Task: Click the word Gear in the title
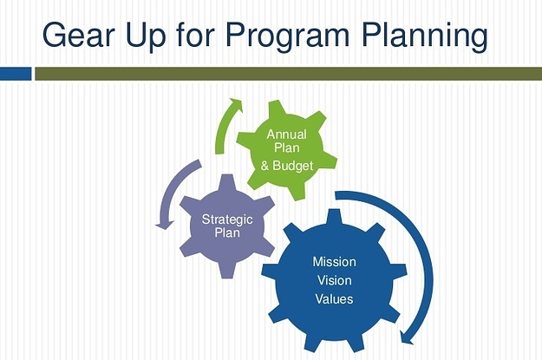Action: pyautogui.click(x=79, y=35)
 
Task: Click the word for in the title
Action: pyautogui.click(x=196, y=35)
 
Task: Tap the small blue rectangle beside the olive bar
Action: pyautogui.click(x=16, y=74)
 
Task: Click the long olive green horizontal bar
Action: pyautogui.click(x=288, y=74)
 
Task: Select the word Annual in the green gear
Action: pyautogui.click(x=286, y=134)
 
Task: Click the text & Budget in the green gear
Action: pyautogui.click(x=287, y=166)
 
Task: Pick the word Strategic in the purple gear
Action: pyautogui.click(x=227, y=219)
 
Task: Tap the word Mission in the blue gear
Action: pyautogui.click(x=334, y=262)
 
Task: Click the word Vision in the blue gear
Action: pyautogui.click(x=334, y=280)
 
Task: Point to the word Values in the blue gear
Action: pyautogui.click(x=334, y=298)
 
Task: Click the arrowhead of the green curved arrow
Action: pyautogui.click(x=236, y=104)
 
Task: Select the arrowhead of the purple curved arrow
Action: pyautogui.click(x=165, y=225)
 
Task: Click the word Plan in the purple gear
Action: pyautogui.click(x=227, y=232)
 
